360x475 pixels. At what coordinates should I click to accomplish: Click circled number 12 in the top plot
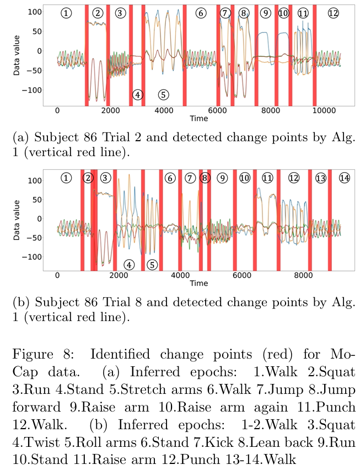pyautogui.click(x=333, y=13)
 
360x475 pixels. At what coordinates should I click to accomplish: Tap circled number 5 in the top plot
pyautogui.click(x=163, y=94)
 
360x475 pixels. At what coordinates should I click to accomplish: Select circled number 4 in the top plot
pyautogui.click(x=138, y=94)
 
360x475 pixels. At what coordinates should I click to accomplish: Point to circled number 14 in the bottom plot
pyautogui.click(x=345, y=178)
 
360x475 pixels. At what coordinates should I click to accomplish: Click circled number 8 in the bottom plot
pyautogui.click(x=205, y=178)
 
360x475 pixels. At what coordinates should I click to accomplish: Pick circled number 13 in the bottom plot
pyautogui.click(x=321, y=178)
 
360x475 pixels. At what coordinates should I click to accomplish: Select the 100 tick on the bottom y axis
pyautogui.click(x=35, y=180)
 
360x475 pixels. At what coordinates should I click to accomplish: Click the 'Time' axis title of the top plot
pyautogui.click(x=198, y=119)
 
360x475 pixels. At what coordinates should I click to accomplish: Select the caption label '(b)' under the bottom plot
pyautogui.click(x=20, y=303)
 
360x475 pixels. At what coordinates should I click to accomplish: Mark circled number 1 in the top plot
pyautogui.click(x=66, y=13)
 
